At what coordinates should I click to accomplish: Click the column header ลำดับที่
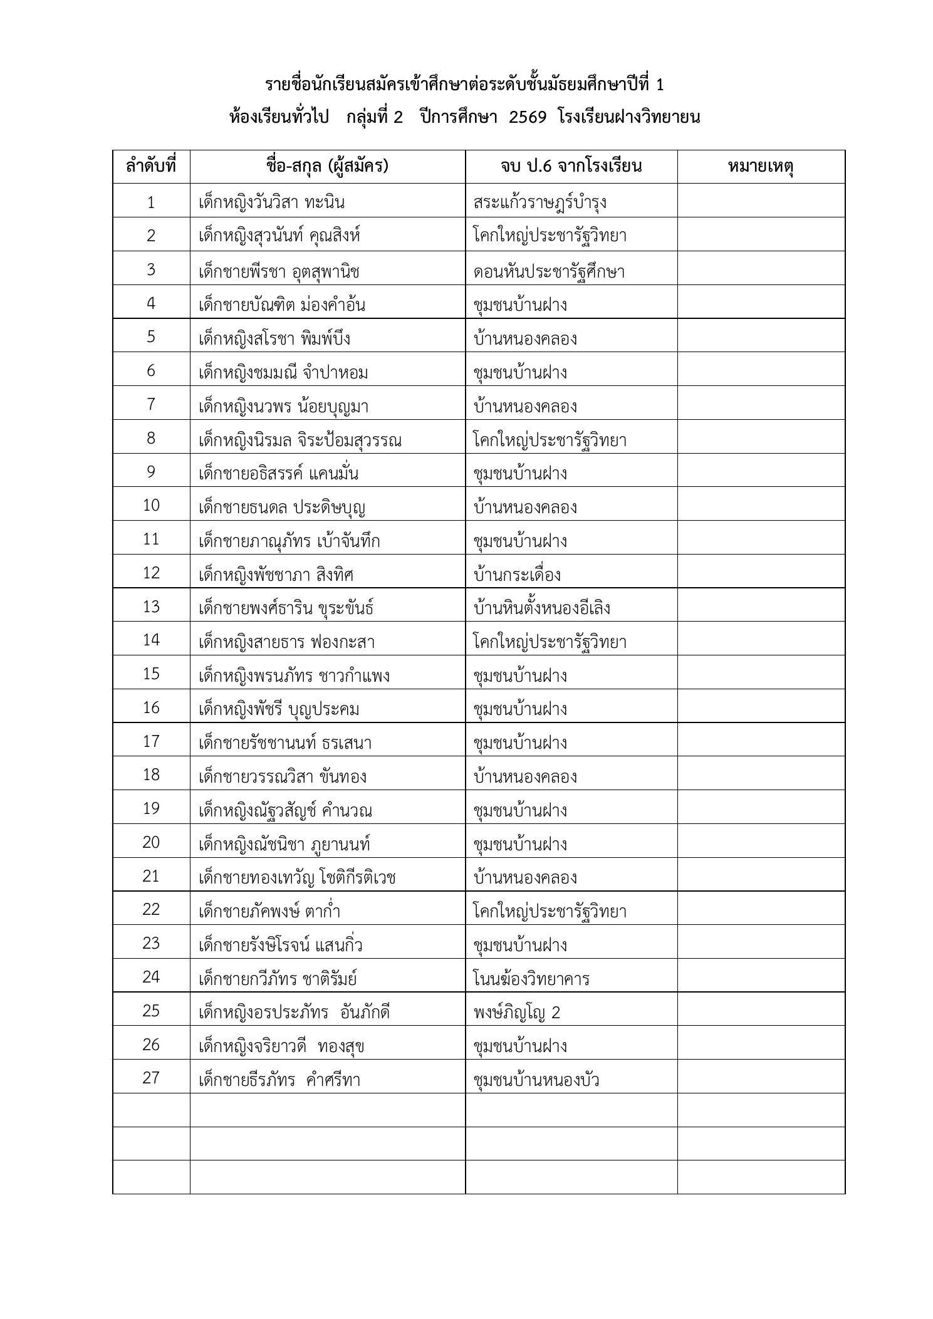point(151,167)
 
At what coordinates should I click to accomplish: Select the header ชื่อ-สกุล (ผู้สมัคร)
point(327,167)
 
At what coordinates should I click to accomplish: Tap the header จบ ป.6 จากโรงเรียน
point(571,167)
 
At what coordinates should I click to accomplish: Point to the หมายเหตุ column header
point(761,167)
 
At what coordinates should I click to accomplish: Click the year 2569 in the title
point(528,117)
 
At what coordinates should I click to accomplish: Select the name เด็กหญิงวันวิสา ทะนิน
point(271,202)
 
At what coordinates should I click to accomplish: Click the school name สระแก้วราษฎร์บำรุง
point(539,202)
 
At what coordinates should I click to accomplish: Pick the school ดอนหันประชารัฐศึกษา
point(549,271)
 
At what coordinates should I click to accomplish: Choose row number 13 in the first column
point(151,607)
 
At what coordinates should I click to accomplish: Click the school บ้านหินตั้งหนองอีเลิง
point(542,608)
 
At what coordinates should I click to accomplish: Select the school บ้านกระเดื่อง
point(517,575)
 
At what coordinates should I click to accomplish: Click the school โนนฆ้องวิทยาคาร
point(531,979)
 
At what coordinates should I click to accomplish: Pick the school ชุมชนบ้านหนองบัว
point(536,1080)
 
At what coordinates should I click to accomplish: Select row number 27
point(151,1078)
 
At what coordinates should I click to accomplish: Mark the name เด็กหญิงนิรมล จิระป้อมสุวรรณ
point(300,440)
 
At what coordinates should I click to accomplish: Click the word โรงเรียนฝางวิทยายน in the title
point(628,117)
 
